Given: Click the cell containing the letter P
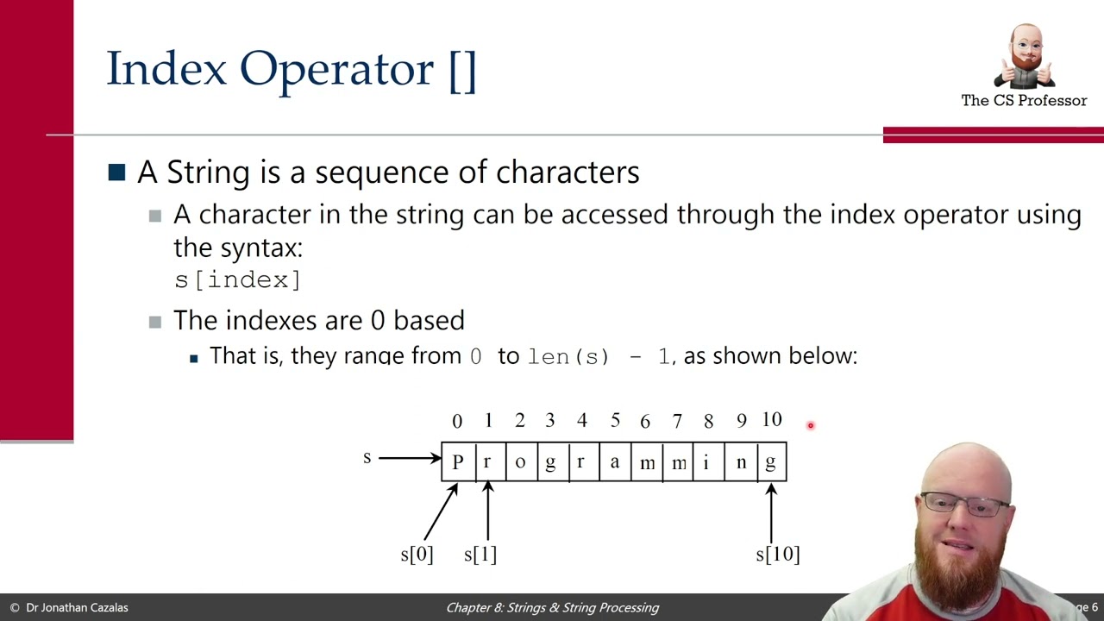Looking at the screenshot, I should pyautogui.click(x=458, y=462).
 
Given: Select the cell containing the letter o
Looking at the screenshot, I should pyautogui.click(x=519, y=462).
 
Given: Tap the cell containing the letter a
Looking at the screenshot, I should pyautogui.click(x=614, y=462).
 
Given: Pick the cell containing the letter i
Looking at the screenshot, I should pyautogui.click(x=706, y=462).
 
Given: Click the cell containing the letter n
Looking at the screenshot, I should pyautogui.click(x=741, y=462).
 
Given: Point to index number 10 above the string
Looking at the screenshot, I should pyautogui.click(x=772, y=420).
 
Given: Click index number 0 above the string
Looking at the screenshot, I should pyautogui.click(x=457, y=421).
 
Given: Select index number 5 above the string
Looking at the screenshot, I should pyautogui.click(x=615, y=420).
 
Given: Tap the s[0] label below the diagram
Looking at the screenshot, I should pyautogui.click(x=417, y=555).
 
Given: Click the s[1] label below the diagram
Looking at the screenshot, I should pyautogui.click(x=480, y=555).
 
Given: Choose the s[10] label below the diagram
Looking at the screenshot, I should pyautogui.click(x=778, y=555).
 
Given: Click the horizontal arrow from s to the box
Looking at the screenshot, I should pyautogui.click(x=410, y=458).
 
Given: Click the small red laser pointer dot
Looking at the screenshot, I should pyautogui.click(x=811, y=425).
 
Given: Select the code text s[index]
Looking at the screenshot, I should pyautogui.click(x=237, y=280).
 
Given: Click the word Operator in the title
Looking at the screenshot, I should pyautogui.click(x=337, y=69).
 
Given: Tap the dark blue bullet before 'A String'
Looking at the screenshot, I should pyautogui.click(x=117, y=172).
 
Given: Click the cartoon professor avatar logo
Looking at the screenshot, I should pyautogui.click(x=1025, y=57).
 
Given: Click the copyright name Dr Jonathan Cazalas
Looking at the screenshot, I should pyautogui.click(x=77, y=607).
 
